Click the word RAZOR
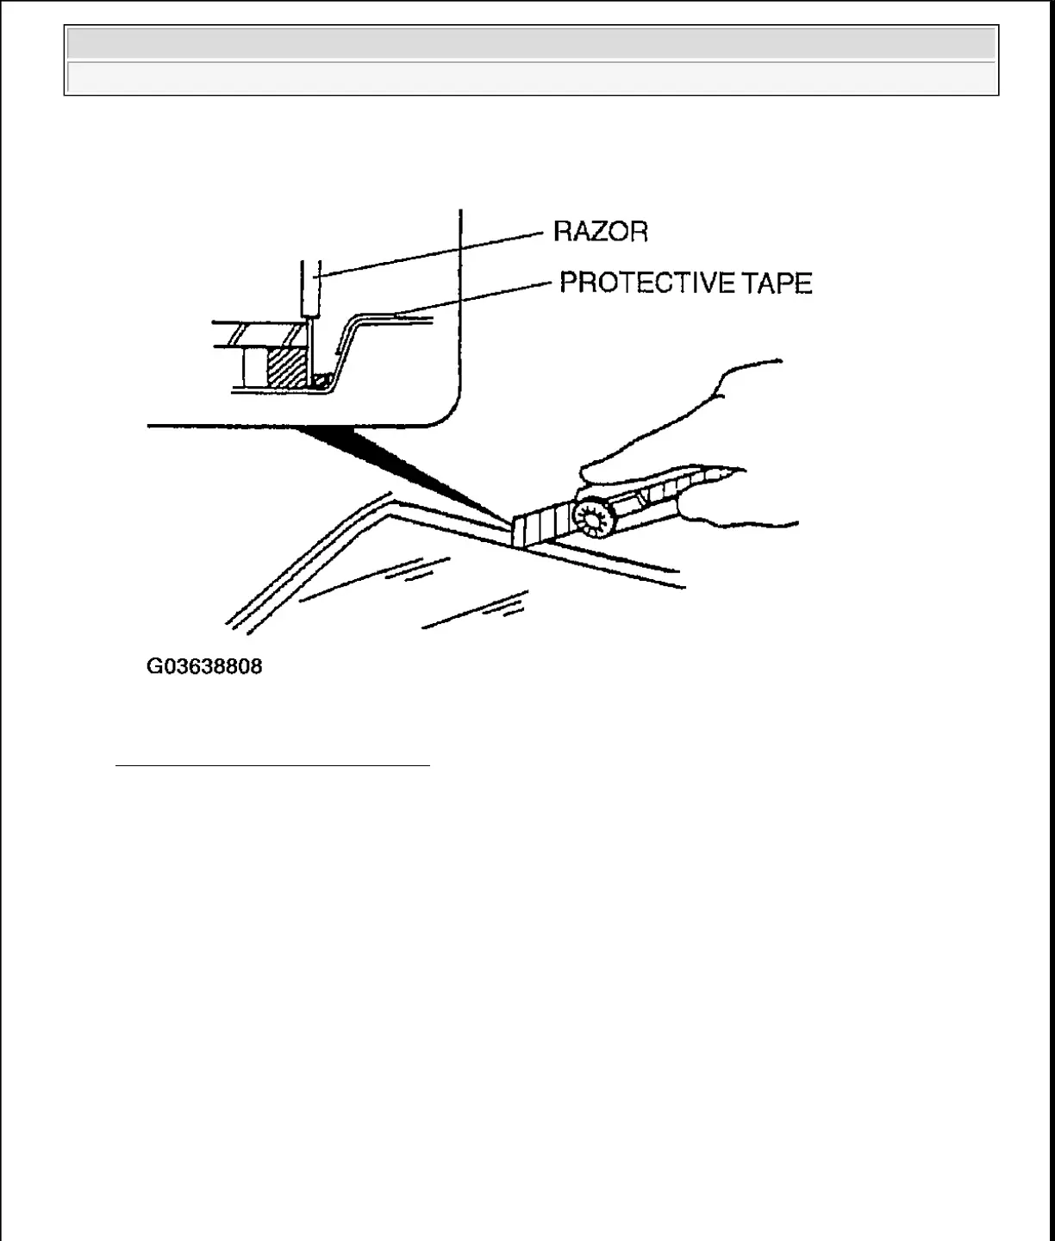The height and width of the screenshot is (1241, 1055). [x=601, y=232]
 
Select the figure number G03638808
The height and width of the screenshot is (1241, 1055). [x=204, y=666]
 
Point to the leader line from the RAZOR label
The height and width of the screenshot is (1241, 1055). [x=431, y=253]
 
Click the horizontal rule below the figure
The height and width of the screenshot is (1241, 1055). [x=272, y=764]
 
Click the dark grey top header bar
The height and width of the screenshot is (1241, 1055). [x=531, y=43]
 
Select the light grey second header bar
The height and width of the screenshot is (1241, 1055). [x=531, y=78]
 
